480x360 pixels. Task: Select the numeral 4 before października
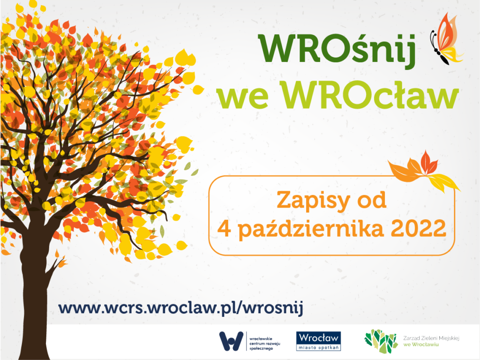pos(224,228)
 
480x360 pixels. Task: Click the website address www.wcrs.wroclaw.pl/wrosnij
pos(180,307)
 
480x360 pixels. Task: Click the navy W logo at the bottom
pos(231,341)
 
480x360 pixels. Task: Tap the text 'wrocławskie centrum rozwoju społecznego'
pos(264,344)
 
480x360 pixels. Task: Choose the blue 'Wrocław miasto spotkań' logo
pos(318,341)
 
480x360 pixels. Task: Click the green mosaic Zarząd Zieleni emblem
pos(381,341)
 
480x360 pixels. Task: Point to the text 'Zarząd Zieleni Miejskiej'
pos(431,338)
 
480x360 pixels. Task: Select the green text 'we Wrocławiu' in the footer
pos(420,345)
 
